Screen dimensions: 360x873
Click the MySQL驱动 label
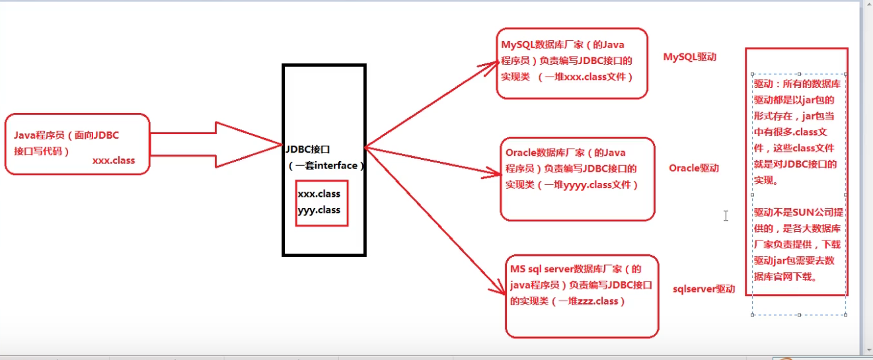[689, 57]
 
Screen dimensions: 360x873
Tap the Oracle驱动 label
[694, 168]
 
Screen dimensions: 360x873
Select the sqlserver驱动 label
[704, 289]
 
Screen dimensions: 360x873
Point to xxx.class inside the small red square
[319, 194]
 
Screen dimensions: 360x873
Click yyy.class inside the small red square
[319, 210]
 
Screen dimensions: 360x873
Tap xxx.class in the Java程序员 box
[114, 161]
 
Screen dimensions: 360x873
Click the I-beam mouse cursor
[726, 215]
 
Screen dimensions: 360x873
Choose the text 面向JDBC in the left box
[96, 135]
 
